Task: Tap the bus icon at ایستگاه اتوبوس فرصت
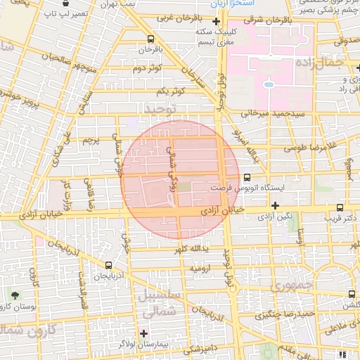tap(246, 178)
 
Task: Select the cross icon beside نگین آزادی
tap(275, 205)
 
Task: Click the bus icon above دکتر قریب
tap(340, 207)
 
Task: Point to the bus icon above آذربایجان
tap(108, 265)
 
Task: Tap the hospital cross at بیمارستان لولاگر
tap(143, 333)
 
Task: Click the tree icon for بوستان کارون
tap(15, 294)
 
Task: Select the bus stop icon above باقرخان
tap(150, 39)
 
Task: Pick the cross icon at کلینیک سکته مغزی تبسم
tap(216, 22)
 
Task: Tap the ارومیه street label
tap(200, 269)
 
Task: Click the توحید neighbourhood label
tap(158, 109)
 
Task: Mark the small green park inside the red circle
tap(184, 187)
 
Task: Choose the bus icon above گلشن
tap(351, 294)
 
